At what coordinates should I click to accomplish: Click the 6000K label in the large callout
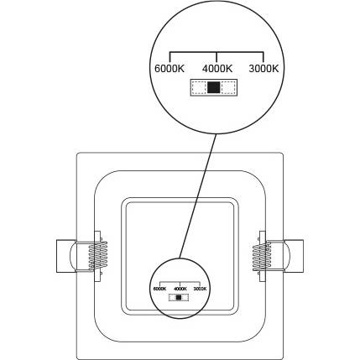[170, 69]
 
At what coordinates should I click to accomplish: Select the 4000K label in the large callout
[217, 69]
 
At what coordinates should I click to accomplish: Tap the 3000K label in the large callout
[263, 69]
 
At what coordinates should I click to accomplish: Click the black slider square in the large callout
[214, 87]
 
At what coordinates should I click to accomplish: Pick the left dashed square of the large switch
[198, 87]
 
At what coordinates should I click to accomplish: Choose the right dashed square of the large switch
[227, 87]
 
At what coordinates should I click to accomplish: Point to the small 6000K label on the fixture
[160, 289]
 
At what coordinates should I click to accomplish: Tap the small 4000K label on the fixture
[180, 289]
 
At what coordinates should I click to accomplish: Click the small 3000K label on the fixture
[200, 289]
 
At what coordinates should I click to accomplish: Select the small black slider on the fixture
[179, 298]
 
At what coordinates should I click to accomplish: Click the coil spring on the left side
[98, 255]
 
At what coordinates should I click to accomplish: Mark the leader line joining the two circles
[198, 196]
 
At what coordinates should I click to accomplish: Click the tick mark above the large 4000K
[217, 57]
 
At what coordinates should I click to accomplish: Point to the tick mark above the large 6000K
[170, 57]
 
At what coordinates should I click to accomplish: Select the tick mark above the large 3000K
[263, 57]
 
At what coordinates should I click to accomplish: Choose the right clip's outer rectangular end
[294, 256]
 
